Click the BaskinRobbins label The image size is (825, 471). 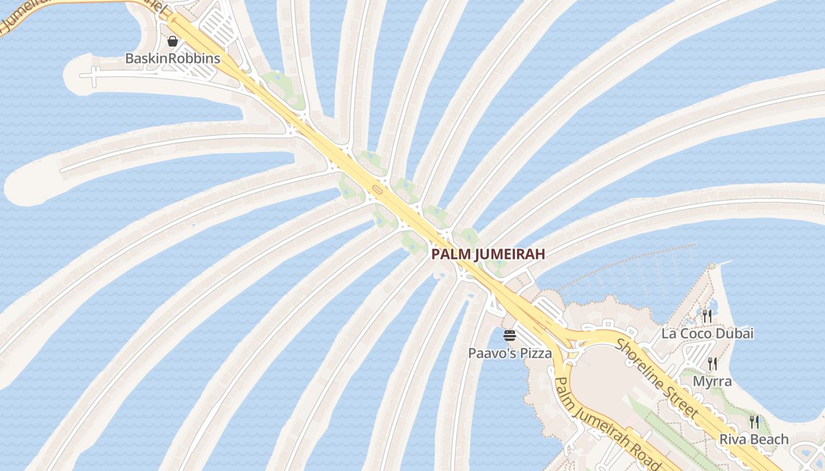pyautogui.click(x=173, y=58)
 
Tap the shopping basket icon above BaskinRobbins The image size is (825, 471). pyautogui.click(x=173, y=41)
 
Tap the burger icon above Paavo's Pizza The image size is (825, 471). pyautogui.click(x=510, y=336)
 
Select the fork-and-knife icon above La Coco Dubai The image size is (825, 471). pyautogui.click(x=707, y=316)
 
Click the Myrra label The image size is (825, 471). pyautogui.click(x=712, y=381)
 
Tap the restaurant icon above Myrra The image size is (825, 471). pyautogui.click(x=712, y=363)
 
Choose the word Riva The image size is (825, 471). pyautogui.click(x=733, y=439)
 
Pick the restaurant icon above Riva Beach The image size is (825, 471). pyautogui.click(x=754, y=422)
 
